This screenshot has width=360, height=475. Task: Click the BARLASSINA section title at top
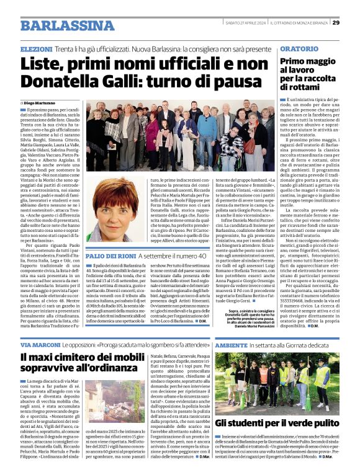[x=67, y=25]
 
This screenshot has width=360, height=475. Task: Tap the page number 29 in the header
[x=336, y=22]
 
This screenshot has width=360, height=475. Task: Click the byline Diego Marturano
[x=41, y=103]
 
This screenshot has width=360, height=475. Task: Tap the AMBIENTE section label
[x=232, y=344]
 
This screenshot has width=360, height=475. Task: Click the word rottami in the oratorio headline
[x=301, y=87]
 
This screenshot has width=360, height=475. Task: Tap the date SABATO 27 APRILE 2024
[x=245, y=23]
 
